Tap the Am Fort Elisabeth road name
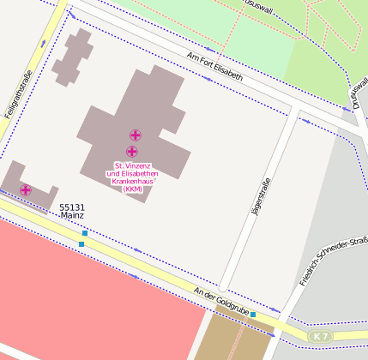click(x=214, y=66)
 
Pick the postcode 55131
click(x=72, y=207)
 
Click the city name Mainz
click(x=72, y=216)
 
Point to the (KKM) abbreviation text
click(x=132, y=190)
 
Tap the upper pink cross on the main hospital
click(x=136, y=135)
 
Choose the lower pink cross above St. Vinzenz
click(x=131, y=151)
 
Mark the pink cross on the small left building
click(x=26, y=189)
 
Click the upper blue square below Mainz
click(x=85, y=233)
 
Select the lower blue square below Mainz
click(x=81, y=244)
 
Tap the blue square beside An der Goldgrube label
click(x=253, y=315)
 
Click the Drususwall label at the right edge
click(x=355, y=94)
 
